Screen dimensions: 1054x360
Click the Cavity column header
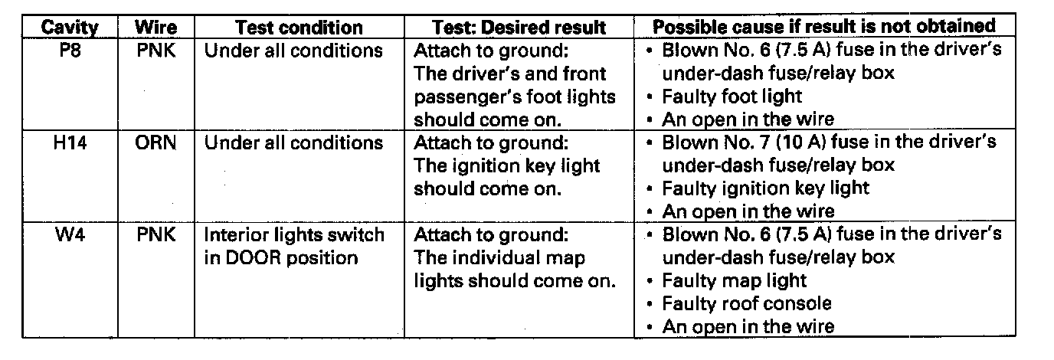(69, 28)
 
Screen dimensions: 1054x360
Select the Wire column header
(155, 28)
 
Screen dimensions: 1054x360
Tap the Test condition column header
(299, 28)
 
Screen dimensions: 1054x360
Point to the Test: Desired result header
(519, 28)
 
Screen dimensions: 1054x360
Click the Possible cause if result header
(823, 26)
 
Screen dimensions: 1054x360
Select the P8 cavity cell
(69, 51)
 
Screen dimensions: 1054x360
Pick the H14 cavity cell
(69, 143)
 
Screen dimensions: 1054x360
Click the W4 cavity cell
(69, 235)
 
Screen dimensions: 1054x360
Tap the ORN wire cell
(156, 143)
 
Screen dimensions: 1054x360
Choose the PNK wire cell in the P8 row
(156, 51)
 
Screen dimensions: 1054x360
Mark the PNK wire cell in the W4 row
(156, 235)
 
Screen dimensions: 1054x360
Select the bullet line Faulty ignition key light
(765, 188)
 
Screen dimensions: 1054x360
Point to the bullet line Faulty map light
(734, 280)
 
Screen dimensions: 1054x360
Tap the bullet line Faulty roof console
(746, 303)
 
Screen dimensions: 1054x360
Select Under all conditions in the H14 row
(293, 143)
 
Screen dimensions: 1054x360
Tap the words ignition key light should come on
(506, 178)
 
